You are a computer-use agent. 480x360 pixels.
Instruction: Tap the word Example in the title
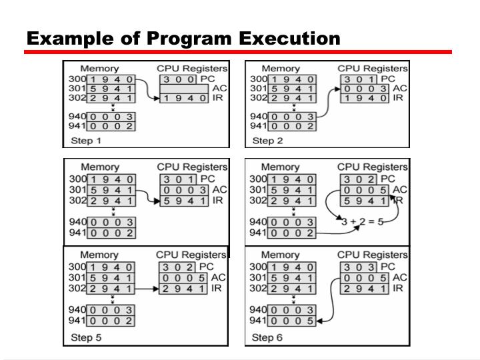click(x=62, y=39)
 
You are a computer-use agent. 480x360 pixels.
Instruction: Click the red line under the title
click(x=239, y=52)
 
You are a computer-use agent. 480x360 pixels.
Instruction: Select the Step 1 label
click(x=86, y=141)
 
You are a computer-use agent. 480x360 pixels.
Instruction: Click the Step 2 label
click(x=267, y=141)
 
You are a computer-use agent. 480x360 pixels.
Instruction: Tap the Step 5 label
click(x=86, y=337)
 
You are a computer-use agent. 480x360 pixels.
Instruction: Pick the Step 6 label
click(x=267, y=337)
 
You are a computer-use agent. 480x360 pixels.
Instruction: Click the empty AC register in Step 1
click(x=183, y=89)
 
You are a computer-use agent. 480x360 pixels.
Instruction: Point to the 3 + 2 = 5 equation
click(x=361, y=222)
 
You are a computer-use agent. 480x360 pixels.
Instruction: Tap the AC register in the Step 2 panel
click(x=364, y=89)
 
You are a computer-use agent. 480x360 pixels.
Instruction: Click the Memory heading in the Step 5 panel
click(x=99, y=255)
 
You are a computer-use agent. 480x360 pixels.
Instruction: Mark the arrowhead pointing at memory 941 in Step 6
click(x=321, y=320)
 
